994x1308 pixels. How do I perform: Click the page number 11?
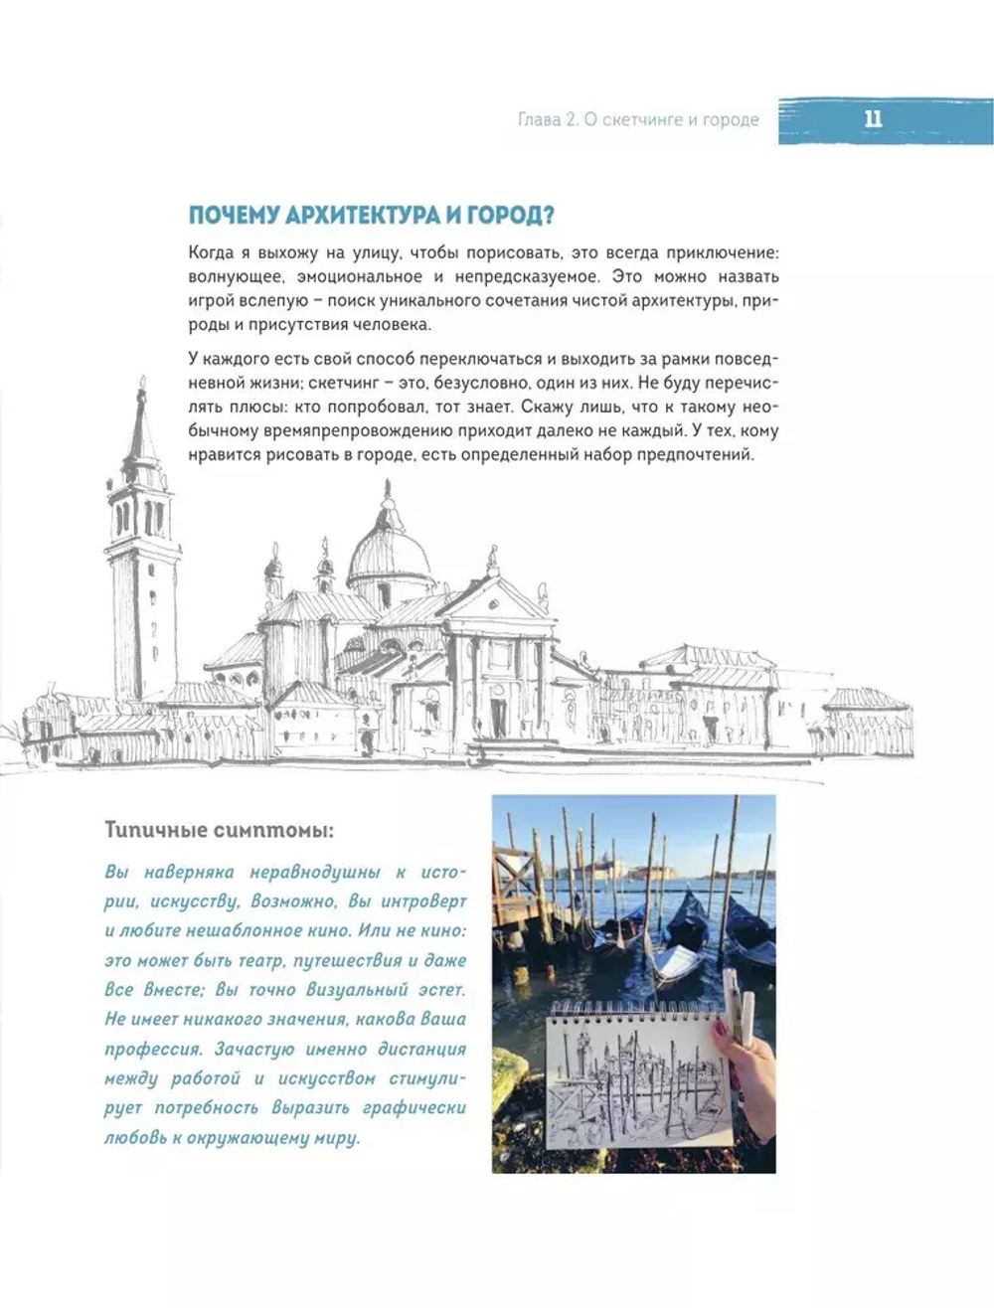coord(873,120)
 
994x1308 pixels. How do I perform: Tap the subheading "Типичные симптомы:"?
coord(218,829)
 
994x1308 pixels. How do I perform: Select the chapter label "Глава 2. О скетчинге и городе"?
coord(638,120)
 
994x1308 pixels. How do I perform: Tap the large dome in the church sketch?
coord(390,558)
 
